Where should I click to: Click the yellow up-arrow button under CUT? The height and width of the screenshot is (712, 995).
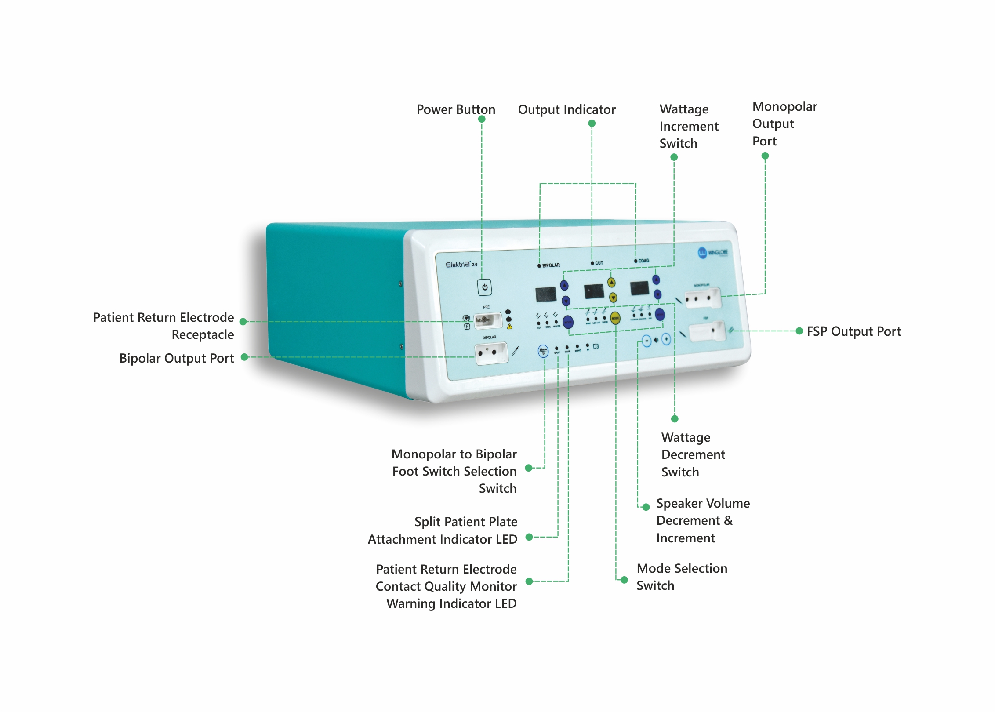pos(611,283)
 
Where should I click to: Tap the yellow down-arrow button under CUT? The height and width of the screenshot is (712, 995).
pos(613,298)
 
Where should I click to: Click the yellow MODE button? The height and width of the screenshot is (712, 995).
pos(615,318)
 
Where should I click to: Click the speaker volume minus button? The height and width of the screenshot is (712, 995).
pos(646,341)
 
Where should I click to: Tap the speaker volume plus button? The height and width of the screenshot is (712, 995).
pos(666,339)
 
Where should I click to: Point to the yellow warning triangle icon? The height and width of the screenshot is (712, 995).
pos(510,327)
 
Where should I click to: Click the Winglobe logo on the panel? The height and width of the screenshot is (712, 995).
pos(713,252)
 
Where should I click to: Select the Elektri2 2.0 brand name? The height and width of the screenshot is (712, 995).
pos(461,265)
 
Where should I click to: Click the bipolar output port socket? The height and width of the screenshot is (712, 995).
pos(491,353)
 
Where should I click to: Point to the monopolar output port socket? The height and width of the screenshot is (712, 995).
pos(702,298)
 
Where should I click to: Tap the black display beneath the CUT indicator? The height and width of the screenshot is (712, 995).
pos(594,291)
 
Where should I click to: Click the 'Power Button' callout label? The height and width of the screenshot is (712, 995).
pos(456,109)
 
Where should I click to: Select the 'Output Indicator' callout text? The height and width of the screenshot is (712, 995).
pos(566,109)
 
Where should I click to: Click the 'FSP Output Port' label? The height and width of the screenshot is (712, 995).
pos(853,331)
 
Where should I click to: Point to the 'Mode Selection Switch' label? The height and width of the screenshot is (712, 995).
pos(682,577)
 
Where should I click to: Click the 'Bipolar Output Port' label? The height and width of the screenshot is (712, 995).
pos(177,358)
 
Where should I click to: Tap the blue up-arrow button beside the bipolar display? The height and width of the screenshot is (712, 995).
pos(564,286)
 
